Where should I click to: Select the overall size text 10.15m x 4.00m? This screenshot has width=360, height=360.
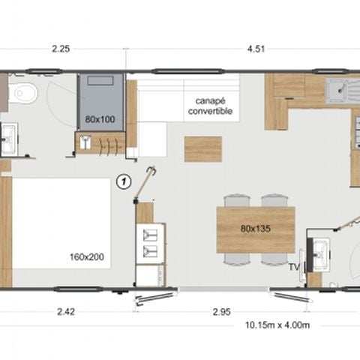[277, 324]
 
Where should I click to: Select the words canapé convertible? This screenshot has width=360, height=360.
[213, 106]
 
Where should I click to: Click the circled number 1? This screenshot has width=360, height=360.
[124, 180]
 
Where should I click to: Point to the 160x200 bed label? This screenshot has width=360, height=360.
[89, 256]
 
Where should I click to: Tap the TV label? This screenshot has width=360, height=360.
[295, 265]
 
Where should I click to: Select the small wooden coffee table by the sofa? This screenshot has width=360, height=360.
[202, 148]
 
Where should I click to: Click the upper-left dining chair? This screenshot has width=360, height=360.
[235, 200]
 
